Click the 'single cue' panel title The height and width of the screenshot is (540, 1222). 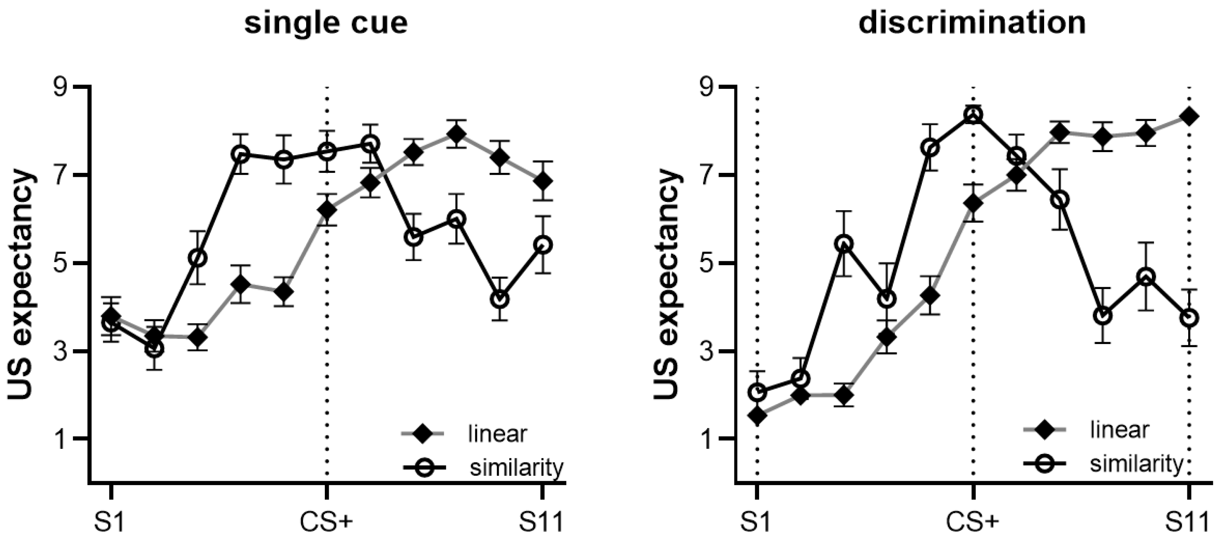click(326, 23)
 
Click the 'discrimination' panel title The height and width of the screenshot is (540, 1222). click(972, 23)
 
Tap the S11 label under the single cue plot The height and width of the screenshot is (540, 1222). click(541, 522)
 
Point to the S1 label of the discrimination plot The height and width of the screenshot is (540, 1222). click(756, 522)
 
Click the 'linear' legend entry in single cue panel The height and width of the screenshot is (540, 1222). click(497, 434)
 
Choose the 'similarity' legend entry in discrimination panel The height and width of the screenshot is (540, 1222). click(1136, 463)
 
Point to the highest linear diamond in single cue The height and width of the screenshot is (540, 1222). click(456, 135)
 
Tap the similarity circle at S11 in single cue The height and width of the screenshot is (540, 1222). click(543, 245)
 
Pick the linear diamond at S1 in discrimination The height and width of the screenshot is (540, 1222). click(757, 416)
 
